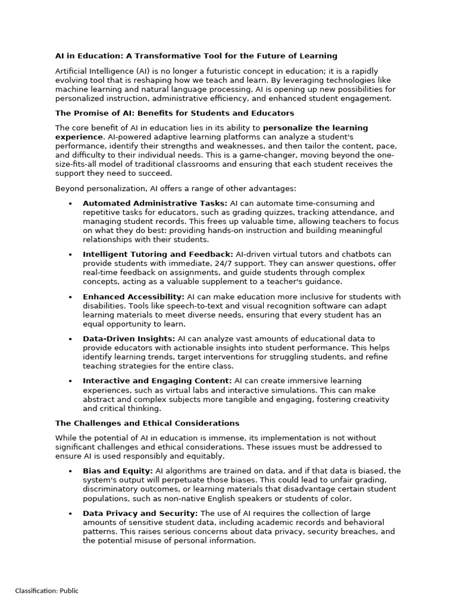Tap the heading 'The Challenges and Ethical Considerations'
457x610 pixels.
[147, 423]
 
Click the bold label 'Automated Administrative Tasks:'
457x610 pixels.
[155, 203]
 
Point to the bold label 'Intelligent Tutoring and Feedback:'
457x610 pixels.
[158, 254]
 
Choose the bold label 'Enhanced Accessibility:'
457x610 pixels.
[133, 297]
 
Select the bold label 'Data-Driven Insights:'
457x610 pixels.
[129, 338]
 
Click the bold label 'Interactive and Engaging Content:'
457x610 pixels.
[157, 381]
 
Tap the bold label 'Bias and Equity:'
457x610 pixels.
[118, 471]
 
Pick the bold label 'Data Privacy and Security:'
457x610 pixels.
[140, 513]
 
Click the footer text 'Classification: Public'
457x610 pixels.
[46, 591]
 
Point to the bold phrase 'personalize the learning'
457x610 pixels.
[315, 127]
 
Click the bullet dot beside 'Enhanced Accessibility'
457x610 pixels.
[70, 297]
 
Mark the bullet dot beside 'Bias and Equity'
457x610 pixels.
[70, 471]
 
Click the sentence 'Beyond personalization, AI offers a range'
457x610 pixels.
[176, 188]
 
